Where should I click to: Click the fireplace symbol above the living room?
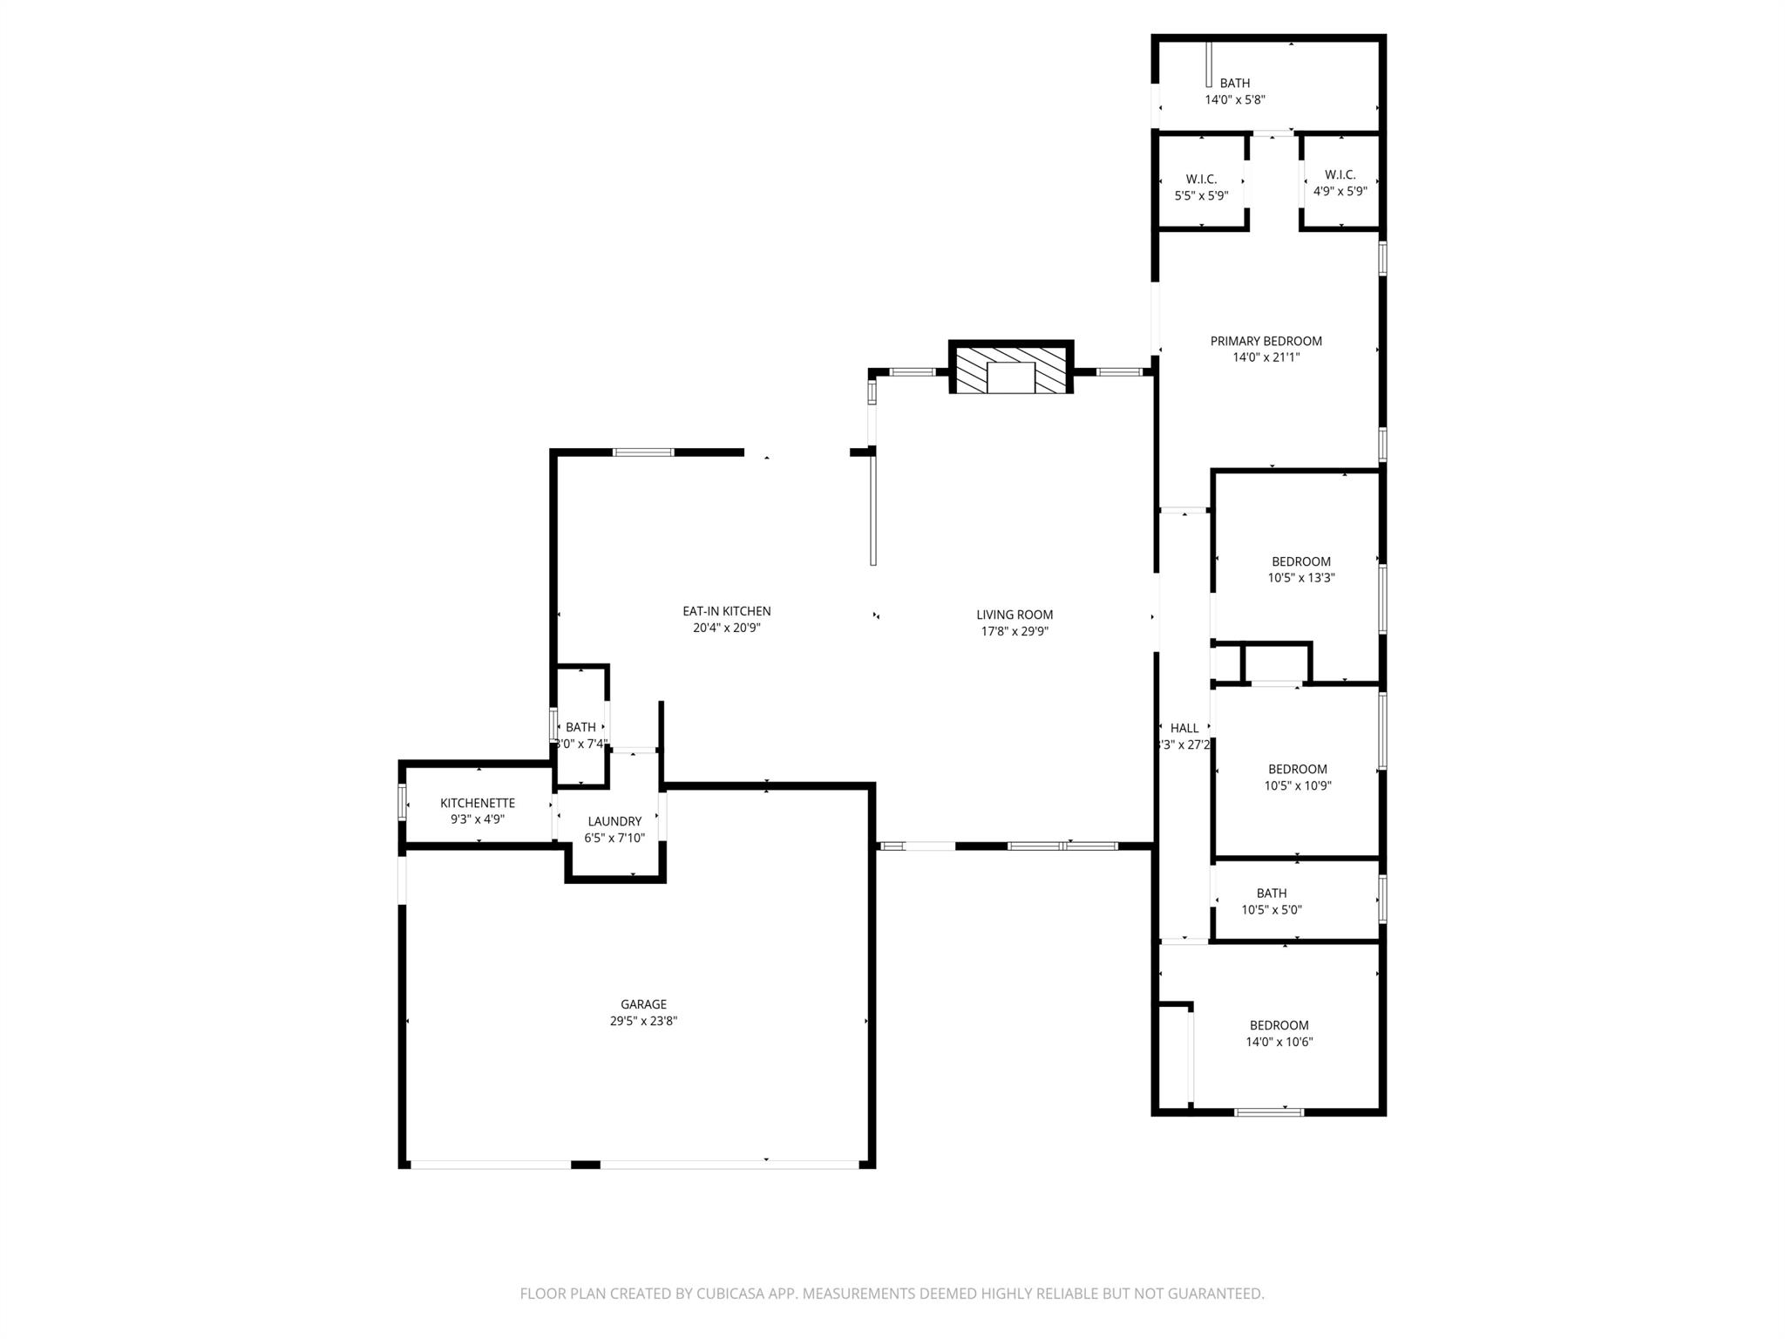tap(1010, 368)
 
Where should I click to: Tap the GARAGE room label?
tap(643, 1004)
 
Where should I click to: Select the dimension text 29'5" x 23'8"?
tap(643, 1021)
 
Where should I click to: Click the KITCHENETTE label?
tap(478, 803)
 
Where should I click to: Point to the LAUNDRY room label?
tap(614, 821)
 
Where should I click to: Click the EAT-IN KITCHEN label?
tap(726, 611)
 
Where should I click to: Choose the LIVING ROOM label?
tap(1015, 615)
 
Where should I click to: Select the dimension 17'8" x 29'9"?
tap(1015, 631)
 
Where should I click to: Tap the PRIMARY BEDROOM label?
tap(1266, 341)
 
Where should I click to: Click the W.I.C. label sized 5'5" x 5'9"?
tap(1201, 179)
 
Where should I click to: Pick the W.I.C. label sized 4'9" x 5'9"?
tap(1340, 174)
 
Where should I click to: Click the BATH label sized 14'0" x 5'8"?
tap(1234, 83)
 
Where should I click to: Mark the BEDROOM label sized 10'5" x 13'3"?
tap(1300, 561)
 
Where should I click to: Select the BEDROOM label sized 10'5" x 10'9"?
tap(1297, 769)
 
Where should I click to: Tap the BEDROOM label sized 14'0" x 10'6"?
tap(1279, 1025)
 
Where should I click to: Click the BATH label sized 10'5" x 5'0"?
tap(1271, 893)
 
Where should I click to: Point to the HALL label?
tap(1184, 728)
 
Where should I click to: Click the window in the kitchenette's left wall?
tap(402, 802)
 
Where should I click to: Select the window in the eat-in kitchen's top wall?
tap(643, 452)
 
